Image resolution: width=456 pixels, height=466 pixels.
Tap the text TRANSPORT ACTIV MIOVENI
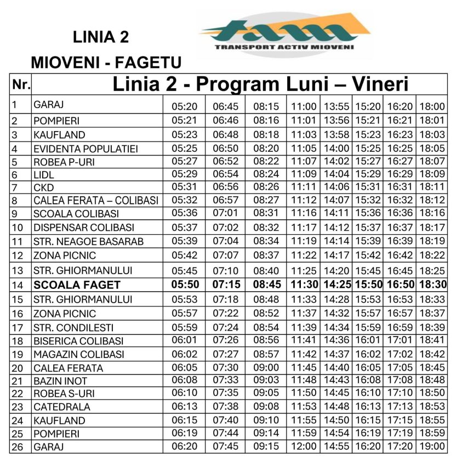[284, 47]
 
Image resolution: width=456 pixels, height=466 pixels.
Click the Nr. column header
[21, 84]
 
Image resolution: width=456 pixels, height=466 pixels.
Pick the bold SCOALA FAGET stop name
[76, 285]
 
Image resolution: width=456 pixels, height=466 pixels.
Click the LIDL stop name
[44, 175]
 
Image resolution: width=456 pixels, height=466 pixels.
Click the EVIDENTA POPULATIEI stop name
[86, 149]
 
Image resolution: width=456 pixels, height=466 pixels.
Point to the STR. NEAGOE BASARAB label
[88, 241]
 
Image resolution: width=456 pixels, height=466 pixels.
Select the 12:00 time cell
[304, 446]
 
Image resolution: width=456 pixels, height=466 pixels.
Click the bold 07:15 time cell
[226, 284]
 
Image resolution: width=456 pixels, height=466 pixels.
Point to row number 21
[18, 381]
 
